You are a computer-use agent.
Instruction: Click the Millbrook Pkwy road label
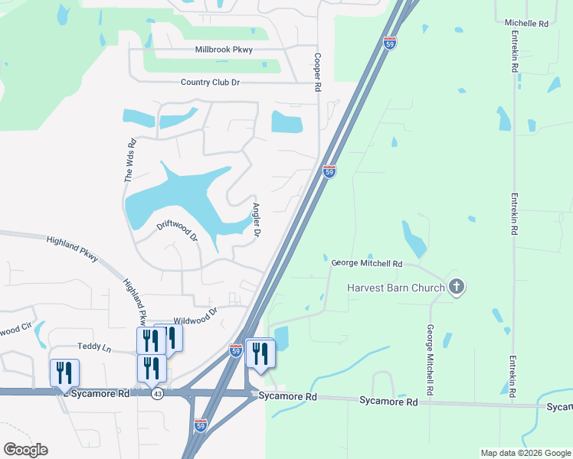point(224,50)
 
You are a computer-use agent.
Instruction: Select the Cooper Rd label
point(316,73)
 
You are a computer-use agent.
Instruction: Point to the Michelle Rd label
point(527,24)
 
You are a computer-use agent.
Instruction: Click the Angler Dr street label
point(257,220)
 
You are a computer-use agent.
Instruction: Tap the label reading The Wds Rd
point(130,160)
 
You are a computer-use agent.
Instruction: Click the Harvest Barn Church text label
point(396,288)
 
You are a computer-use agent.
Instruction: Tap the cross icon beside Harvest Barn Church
point(457,287)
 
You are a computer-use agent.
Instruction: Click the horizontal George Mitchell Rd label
point(367,263)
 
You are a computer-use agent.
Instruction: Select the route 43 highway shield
point(157,393)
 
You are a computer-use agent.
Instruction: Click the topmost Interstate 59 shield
point(391,44)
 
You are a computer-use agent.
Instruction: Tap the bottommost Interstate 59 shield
point(200,425)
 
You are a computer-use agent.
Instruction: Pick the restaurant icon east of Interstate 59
point(260,353)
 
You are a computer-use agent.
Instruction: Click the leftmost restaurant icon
point(64,373)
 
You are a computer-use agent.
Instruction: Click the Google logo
point(25,450)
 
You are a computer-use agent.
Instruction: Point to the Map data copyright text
point(525,453)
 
